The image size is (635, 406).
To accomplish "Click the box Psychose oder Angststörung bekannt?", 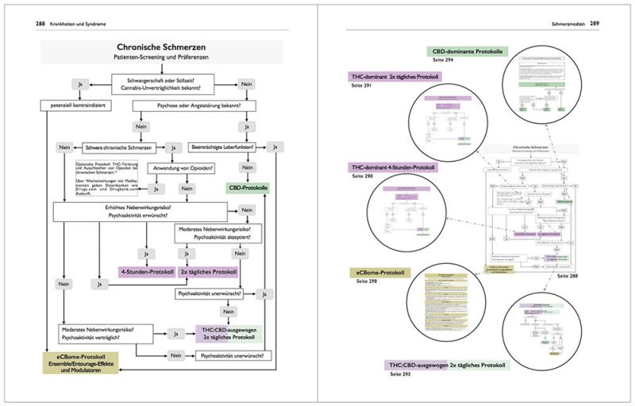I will [188, 104].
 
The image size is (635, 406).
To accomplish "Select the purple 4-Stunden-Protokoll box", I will [147, 271].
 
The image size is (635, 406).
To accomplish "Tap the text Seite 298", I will [367, 282].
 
